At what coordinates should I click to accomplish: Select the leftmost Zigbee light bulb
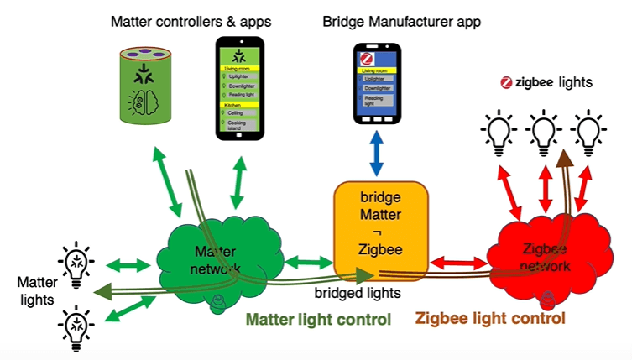coord(499,131)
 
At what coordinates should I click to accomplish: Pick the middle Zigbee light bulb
coord(543,131)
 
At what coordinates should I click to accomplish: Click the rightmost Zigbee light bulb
coord(588,131)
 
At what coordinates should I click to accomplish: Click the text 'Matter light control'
coord(318,320)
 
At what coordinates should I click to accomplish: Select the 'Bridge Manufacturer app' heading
coord(402,20)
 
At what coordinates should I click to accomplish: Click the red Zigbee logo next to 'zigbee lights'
coord(506,82)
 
